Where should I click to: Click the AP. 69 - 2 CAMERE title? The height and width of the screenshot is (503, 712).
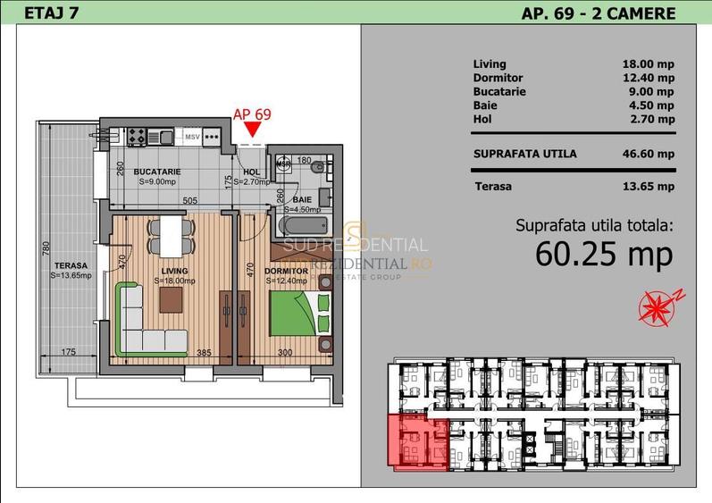[598, 13]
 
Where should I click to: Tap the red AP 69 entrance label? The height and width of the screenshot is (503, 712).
[251, 113]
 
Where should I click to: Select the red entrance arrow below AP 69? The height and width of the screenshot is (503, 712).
[253, 132]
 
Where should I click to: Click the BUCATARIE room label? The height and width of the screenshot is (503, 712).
[157, 172]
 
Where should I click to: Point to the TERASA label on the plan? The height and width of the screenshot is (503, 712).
[70, 266]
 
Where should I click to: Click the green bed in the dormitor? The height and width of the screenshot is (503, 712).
[293, 314]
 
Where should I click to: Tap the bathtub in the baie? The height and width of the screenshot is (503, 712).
[302, 222]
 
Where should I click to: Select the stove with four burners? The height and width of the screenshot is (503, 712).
[137, 137]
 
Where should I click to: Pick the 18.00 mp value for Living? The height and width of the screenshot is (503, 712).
[648, 64]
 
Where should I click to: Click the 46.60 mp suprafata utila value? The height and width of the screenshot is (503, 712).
[648, 154]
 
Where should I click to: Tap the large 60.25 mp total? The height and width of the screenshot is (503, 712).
[603, 254]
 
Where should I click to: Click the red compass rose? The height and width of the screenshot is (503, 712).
[658, 306]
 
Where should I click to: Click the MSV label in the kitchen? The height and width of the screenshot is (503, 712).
[191, 137]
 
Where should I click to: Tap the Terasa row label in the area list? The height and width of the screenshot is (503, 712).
[493, 187]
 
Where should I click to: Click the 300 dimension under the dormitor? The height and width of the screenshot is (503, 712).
[284, 353]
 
